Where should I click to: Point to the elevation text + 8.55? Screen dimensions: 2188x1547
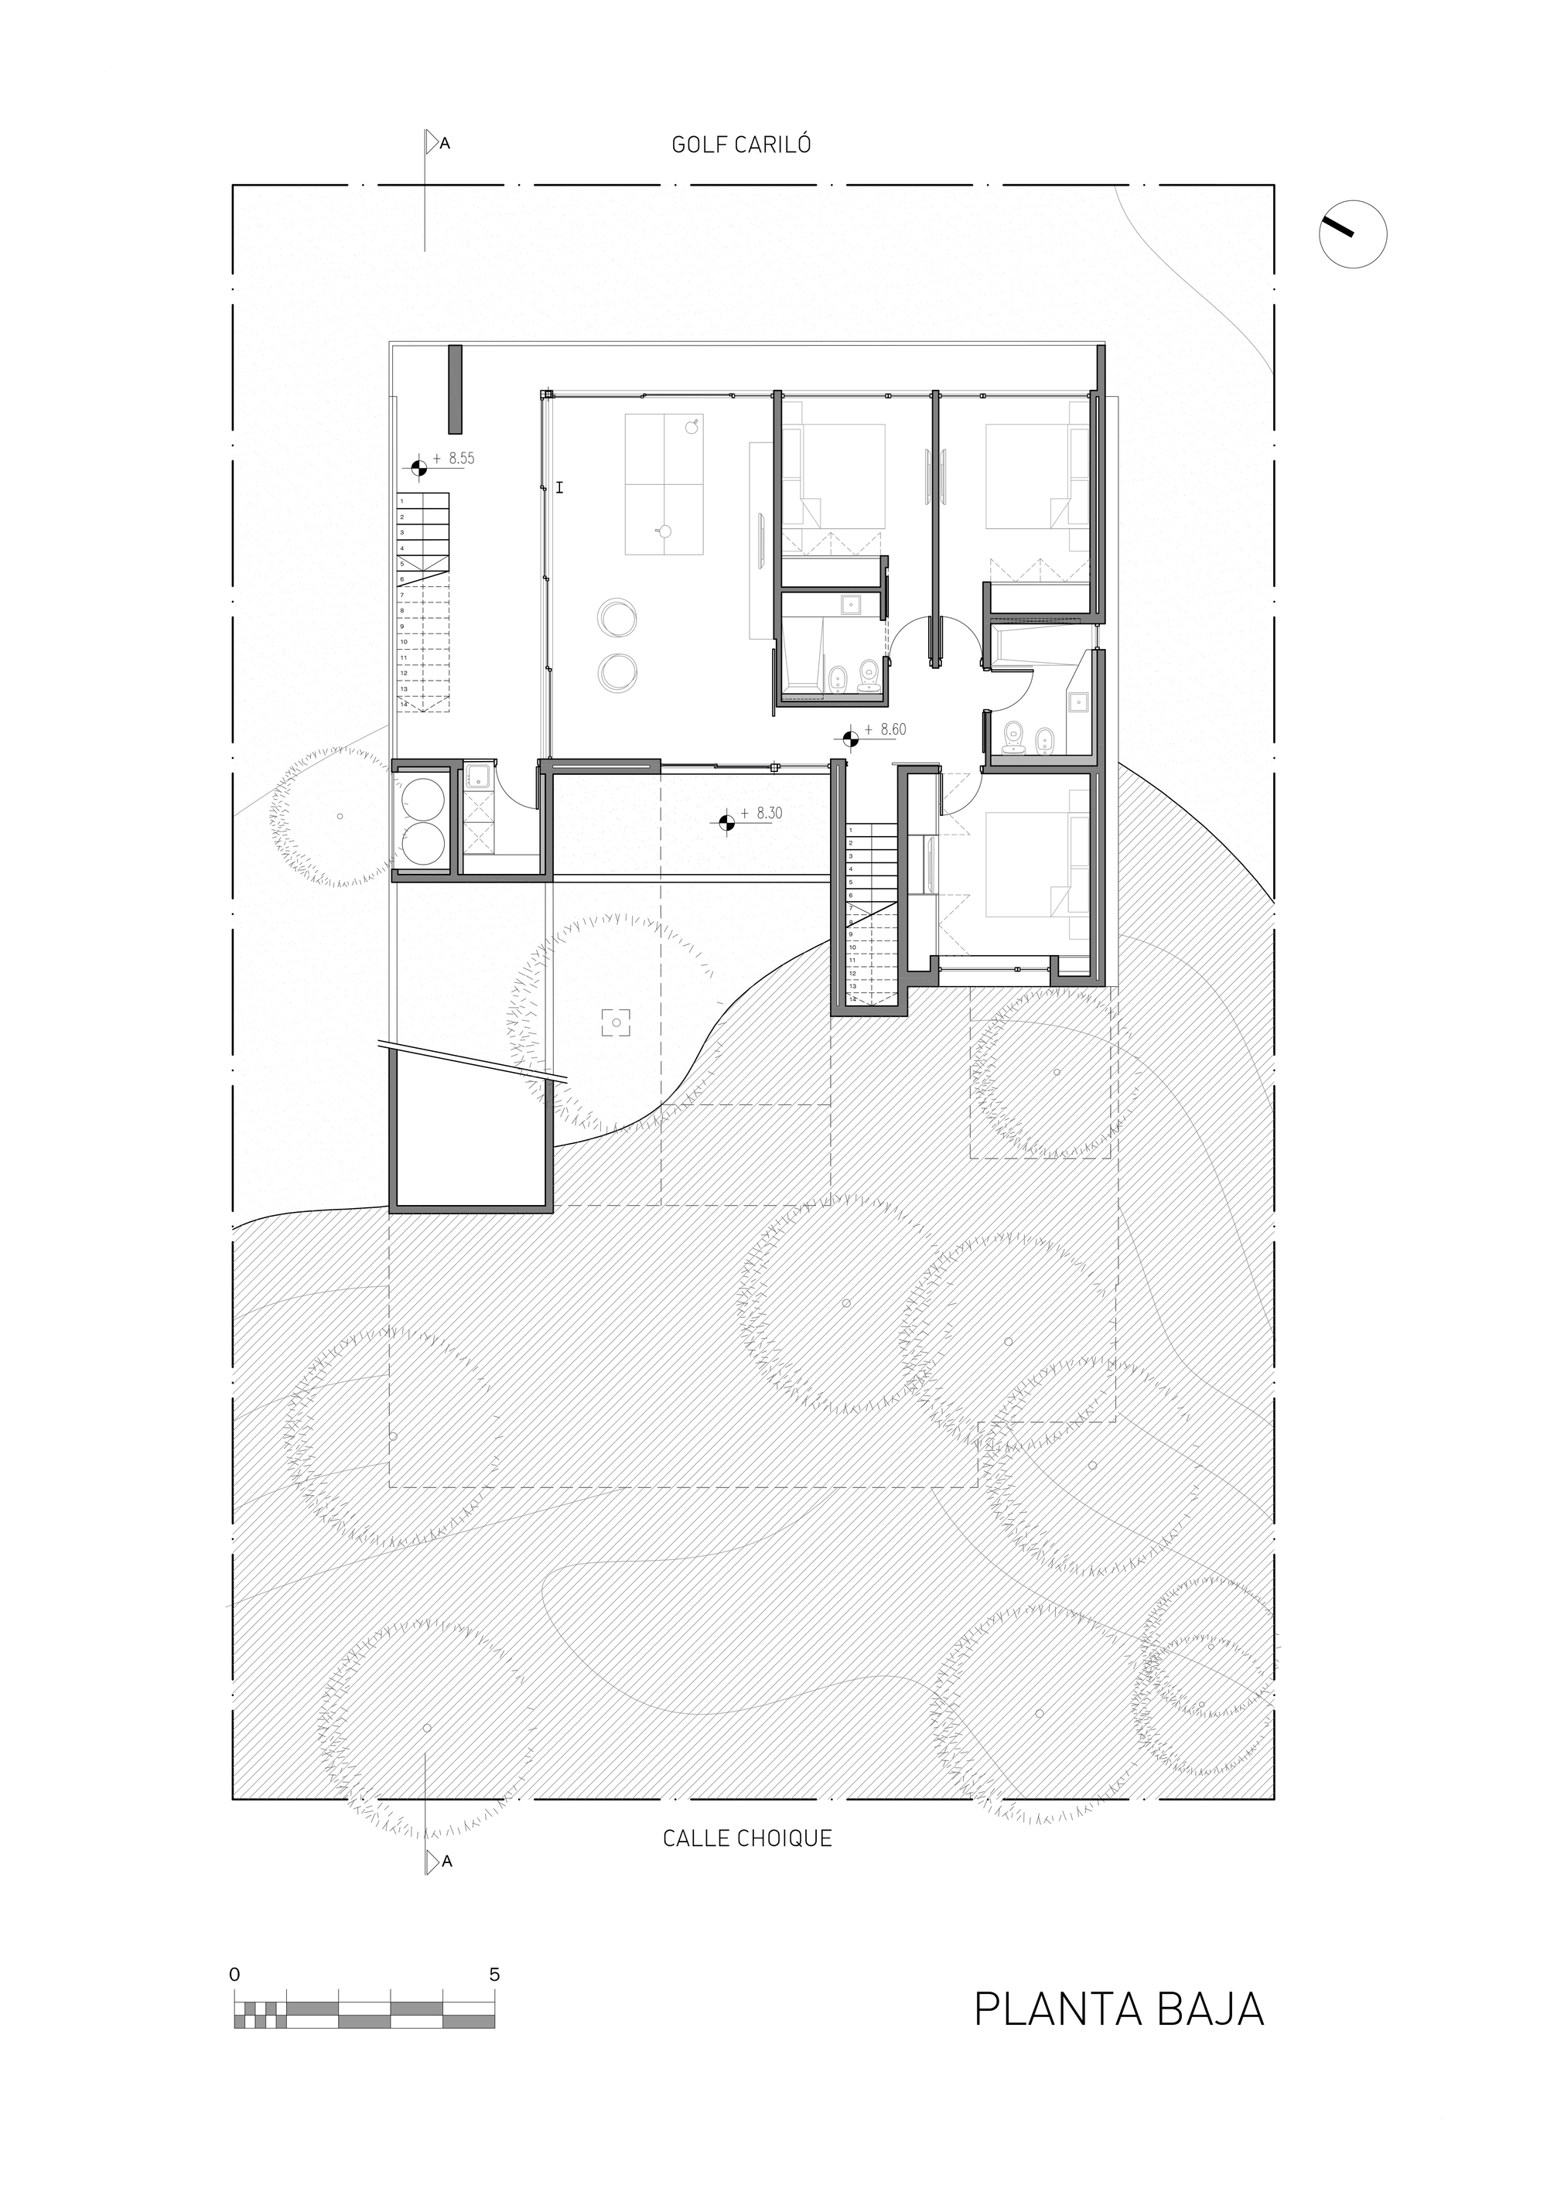coord(452,459)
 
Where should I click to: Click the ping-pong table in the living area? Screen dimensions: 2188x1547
coord(664,484)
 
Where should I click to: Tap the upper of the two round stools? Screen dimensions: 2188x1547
coord(618,617)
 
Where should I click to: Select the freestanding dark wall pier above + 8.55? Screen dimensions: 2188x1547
coord(455,389)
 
